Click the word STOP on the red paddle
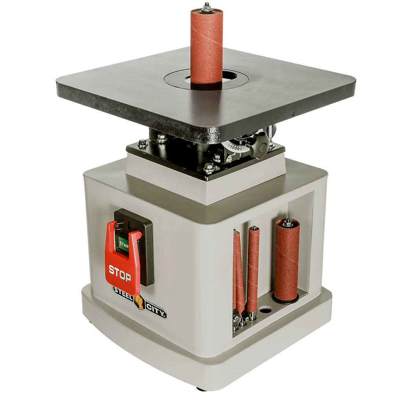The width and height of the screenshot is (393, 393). (x=120, y=273)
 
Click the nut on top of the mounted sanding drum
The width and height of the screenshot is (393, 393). (x=206, y=7)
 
